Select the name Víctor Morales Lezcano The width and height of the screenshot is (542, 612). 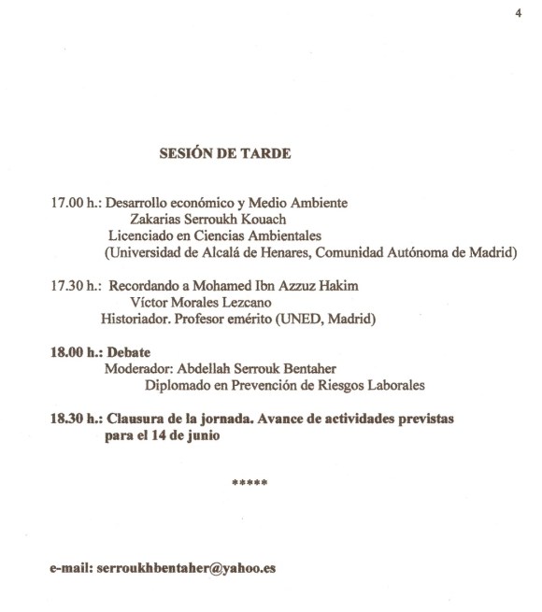point(200,304)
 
